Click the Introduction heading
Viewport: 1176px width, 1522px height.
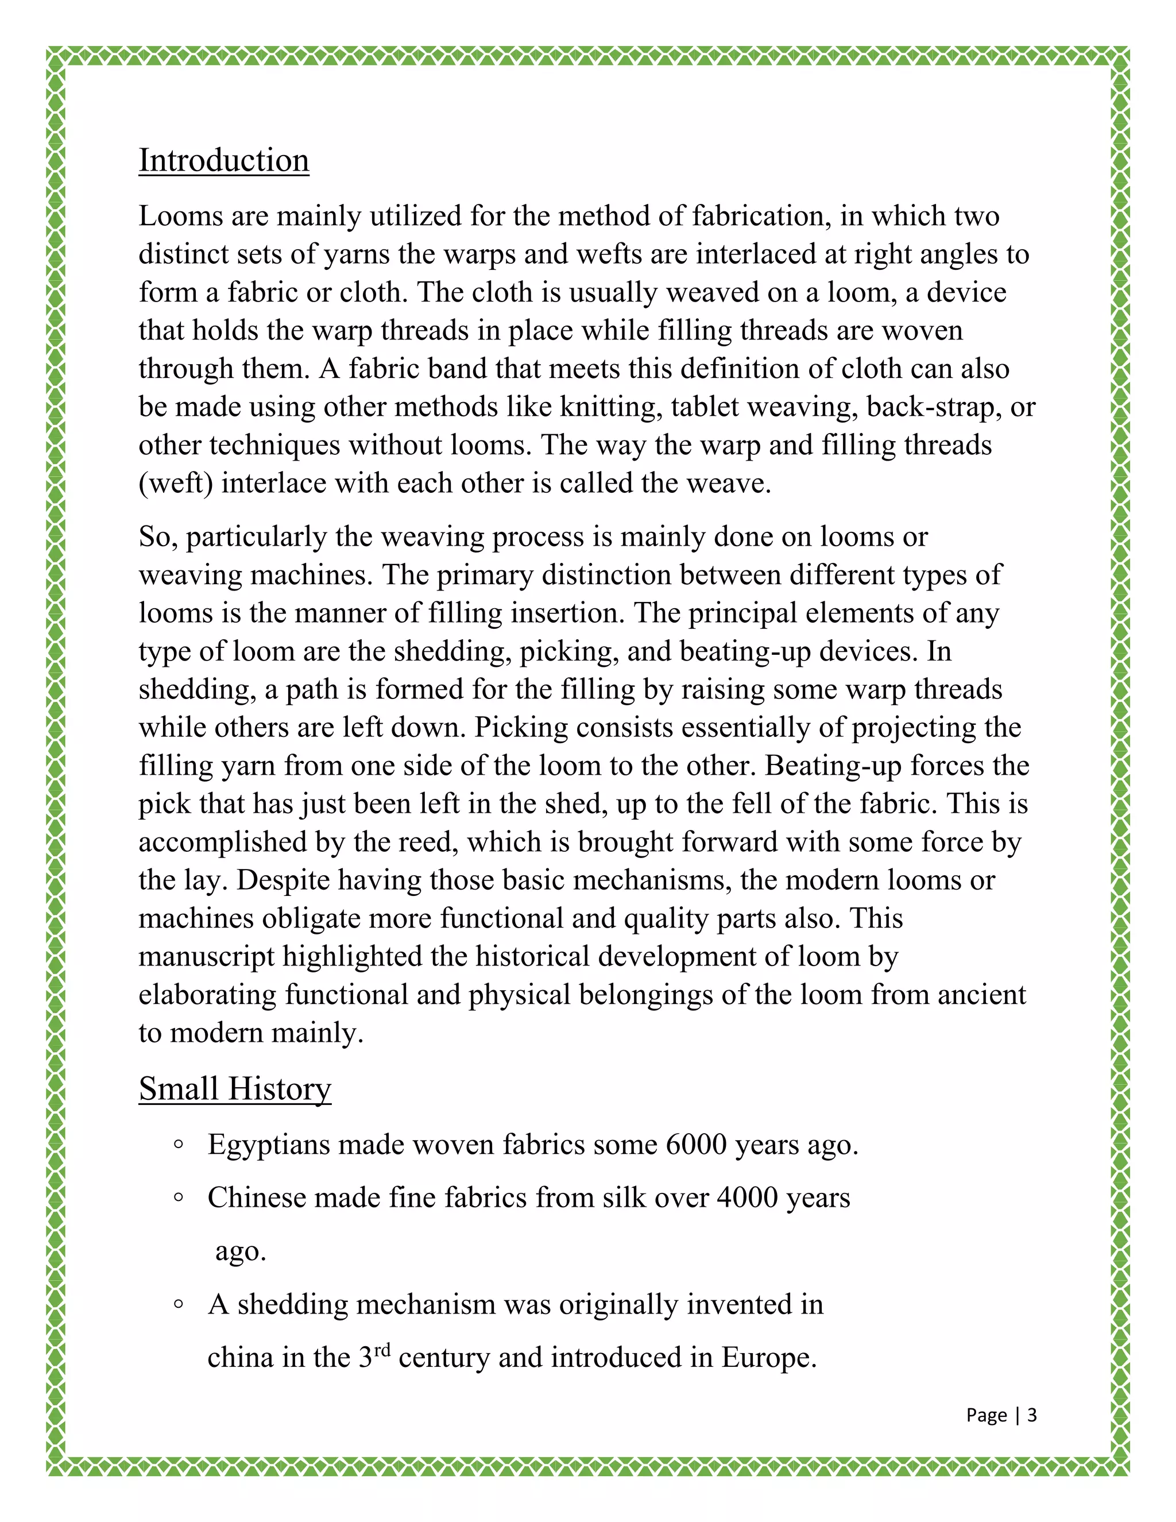pos(223,160)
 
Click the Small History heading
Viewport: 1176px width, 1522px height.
pos(235,1088)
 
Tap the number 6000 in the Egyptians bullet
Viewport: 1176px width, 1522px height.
pos(696,1145)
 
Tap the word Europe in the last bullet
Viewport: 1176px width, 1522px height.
pos(768,1358)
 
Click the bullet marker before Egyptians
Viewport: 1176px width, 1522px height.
pos(179,1144)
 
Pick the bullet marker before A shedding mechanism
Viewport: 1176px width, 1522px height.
pos(179,1304)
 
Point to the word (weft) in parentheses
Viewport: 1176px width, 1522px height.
pos(176,484)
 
